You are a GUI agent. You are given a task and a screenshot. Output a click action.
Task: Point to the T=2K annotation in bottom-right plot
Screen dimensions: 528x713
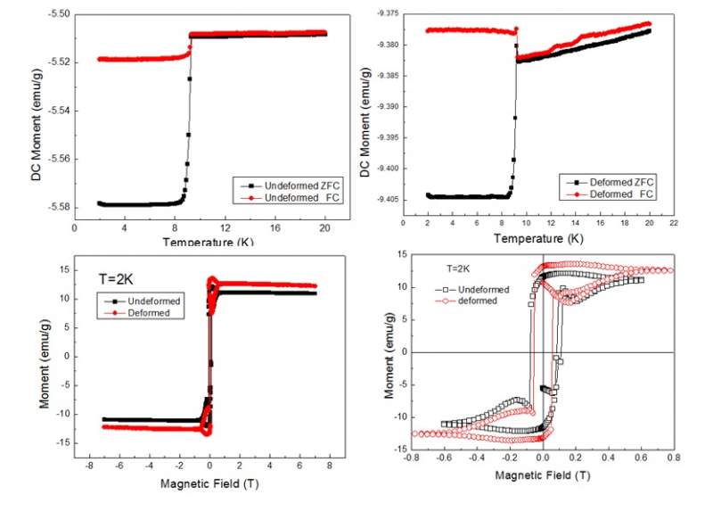coord(459,268)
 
